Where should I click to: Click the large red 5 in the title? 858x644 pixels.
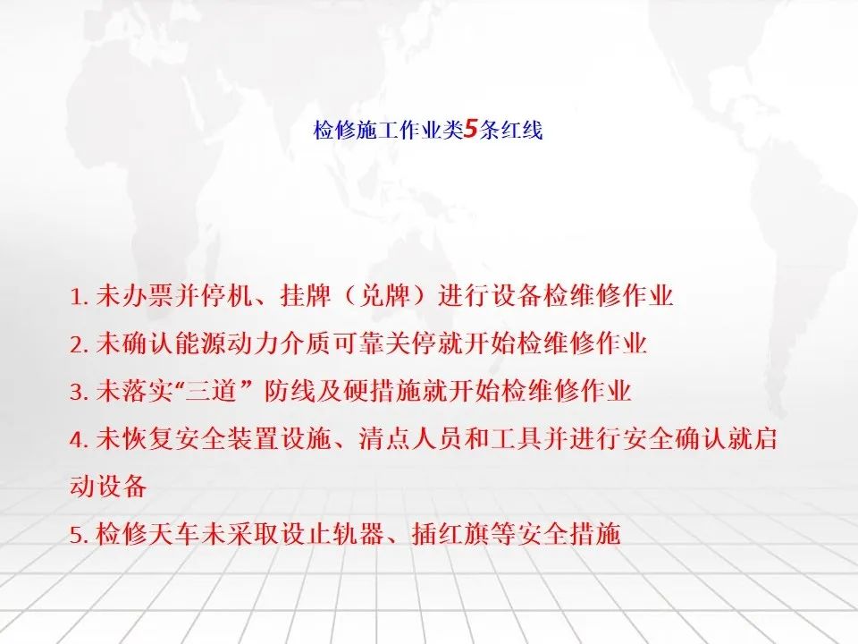[x=471, y=130]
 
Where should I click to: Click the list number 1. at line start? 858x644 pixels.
[x=79, y=297]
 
